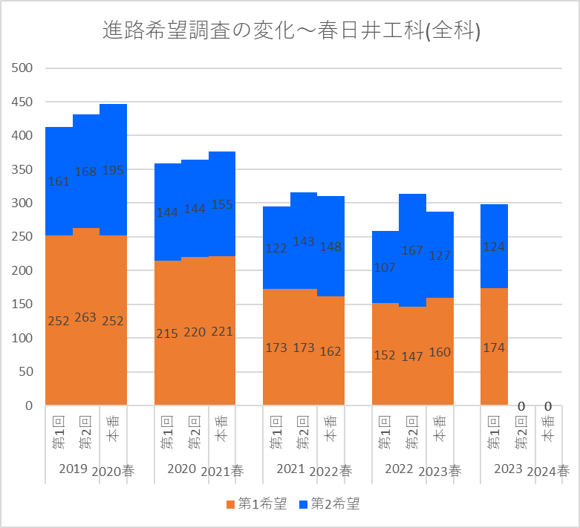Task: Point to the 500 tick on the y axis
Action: pos(24,68)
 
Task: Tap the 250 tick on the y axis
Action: pos(24,237)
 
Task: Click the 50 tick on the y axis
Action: pos(27,372)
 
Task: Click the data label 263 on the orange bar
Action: pos(86,317)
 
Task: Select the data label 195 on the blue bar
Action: pos(113,171)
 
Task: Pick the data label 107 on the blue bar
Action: pos(385,267)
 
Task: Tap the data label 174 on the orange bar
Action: pos(494,347)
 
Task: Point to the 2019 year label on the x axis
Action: pos(73,469)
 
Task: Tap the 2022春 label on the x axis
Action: pos(330,471)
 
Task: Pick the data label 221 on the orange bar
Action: pos(222,332)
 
